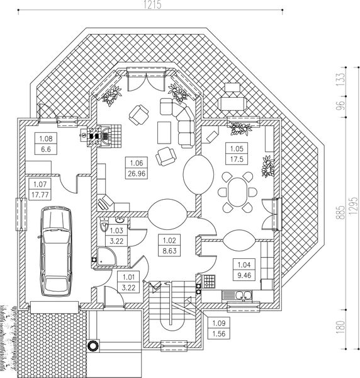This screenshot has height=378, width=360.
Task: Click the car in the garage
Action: (55, 251)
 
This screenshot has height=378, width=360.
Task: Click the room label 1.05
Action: (236, 149)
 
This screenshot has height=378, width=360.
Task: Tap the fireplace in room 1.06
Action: (96, 134)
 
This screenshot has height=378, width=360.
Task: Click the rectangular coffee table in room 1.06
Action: (163, 132)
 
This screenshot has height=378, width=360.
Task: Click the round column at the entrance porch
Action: (94, 345)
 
